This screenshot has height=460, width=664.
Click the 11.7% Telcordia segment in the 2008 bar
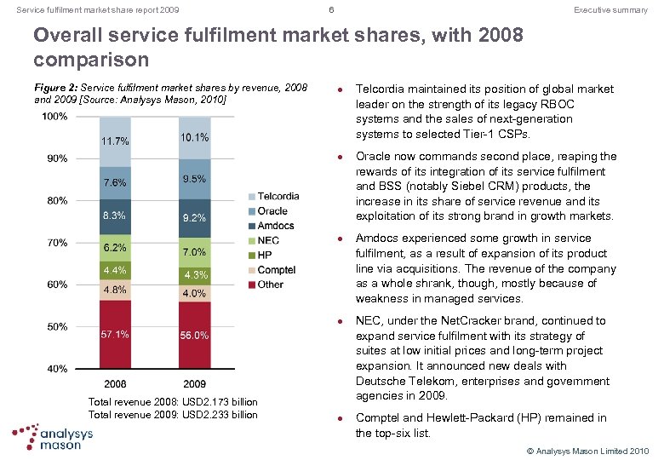pyautogui.click(x=115, y=141)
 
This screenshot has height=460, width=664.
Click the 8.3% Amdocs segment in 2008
pyautogui.click(x=115, y=216)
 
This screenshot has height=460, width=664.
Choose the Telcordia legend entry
pyautogui.click(x=272, y=196)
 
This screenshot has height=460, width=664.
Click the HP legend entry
pyautogui.click(x=259, y=255)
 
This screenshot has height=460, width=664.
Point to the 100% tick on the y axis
pyautogui.click(x=55, y=116)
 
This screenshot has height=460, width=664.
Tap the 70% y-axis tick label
pyautogui.click(x=57, y=243)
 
